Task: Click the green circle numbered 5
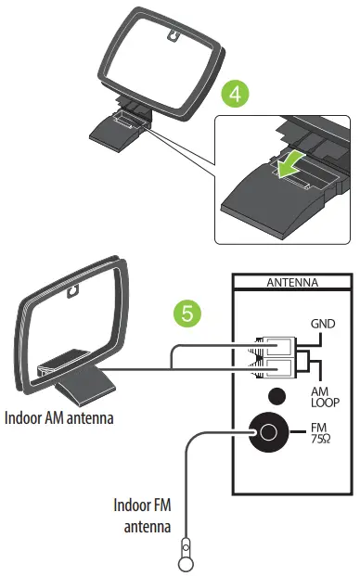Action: click(189, 314)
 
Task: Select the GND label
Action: click(323, 325)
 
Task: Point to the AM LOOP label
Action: click(323, 399)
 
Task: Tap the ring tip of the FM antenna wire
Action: click(186, 561)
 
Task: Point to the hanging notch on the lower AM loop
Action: click(71, 299)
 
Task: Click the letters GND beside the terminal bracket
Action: click(323, 325)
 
